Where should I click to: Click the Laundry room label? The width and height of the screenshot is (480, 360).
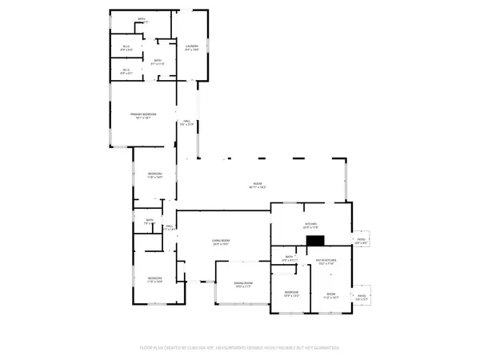pyautogui.click(x=192, y=48)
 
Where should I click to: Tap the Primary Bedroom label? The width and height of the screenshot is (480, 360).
pyautogui.click(x=143, y=116)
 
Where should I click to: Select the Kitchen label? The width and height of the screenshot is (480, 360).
pyautogui.click(x=310, y=226)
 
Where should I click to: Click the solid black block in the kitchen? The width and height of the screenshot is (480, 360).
pyautogui.click(x=316, y=239)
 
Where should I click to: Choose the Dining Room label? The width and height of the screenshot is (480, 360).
pyautogui.click(x=243, y=285)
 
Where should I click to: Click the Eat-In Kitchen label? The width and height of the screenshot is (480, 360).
pyautogui.click(x=326, y=262)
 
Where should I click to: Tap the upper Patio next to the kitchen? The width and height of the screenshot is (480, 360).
pyautogui.click(x=361, y=239)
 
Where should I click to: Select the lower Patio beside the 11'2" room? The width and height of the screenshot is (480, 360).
pyautogui.click(x=361, y=295)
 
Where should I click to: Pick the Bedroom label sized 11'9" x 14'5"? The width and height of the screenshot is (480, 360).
pyautogui.click(x=154, y=175)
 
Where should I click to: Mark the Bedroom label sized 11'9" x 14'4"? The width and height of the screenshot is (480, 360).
pyautogui.click(x=154, y=280)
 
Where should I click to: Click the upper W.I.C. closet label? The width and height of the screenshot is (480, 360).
pyautogui.click(x=126, y=48)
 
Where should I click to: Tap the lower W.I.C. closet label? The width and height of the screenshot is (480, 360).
pyautogui.click(x=126, y=71)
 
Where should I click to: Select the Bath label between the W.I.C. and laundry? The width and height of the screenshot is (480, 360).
pyautogui.click(x=158, y=62)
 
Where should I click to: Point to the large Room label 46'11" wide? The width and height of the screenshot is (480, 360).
pyautogui.click(x=258, y=186)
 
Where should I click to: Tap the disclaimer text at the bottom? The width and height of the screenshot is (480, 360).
pyautogui.click(x=240, y=348)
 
